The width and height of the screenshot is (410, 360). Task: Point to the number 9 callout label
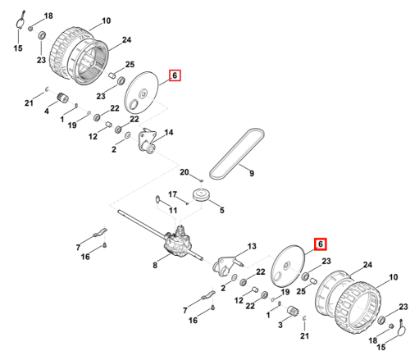coord(252,173)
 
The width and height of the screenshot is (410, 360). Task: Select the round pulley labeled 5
coord(202,195)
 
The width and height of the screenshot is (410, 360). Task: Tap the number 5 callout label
coord(221,210)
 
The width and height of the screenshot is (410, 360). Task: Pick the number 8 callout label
coord(155,265)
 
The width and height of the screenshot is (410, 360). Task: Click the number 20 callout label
coord(184,172)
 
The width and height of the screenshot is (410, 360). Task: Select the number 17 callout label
coord(172,194)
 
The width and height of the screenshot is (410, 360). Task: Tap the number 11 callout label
coord(173,210)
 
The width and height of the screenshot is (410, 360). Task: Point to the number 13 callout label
coord(252,246)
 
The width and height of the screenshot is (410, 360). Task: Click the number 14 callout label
coord(169,133)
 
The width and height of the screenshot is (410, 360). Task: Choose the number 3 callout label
coord(280,325)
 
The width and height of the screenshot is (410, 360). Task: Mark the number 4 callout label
coord(47,112)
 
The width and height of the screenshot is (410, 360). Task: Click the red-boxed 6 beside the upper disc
coord(175,75)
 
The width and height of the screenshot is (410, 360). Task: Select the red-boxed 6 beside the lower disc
coord(321,244)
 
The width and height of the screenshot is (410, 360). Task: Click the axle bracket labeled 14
coord(148,142)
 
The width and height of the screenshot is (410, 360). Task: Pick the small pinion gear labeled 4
coord(63,98)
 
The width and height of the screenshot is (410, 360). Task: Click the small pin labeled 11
coord(157,199)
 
